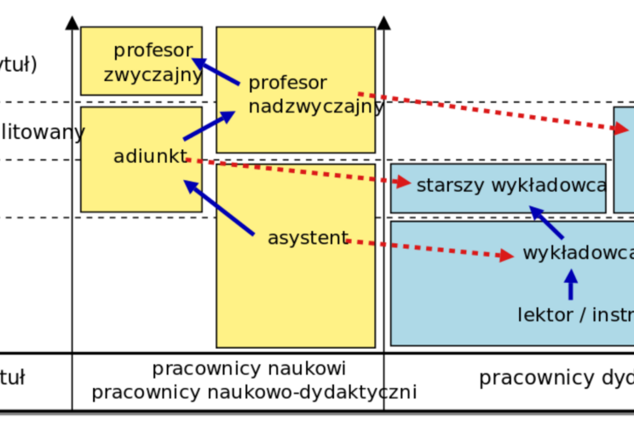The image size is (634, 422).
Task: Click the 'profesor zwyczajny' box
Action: (141, 61)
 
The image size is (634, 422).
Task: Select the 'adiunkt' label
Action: (149, 157)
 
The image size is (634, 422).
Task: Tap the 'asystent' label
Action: (308, 238)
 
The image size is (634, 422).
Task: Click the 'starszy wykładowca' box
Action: (498, 188)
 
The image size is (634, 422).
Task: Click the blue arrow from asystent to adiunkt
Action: (219, 207)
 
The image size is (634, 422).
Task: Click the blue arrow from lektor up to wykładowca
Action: (571, 285)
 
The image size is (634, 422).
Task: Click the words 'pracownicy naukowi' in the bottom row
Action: (249, 369)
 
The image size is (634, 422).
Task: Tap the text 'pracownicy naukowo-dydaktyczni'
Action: (254, 392)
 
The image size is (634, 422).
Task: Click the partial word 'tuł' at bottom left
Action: (13, 375)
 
